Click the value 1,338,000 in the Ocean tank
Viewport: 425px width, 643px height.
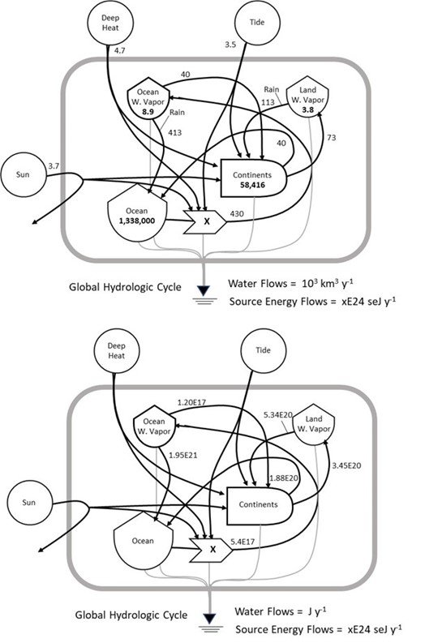[136, 219]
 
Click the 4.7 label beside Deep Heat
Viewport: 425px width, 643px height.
[119, 51]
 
